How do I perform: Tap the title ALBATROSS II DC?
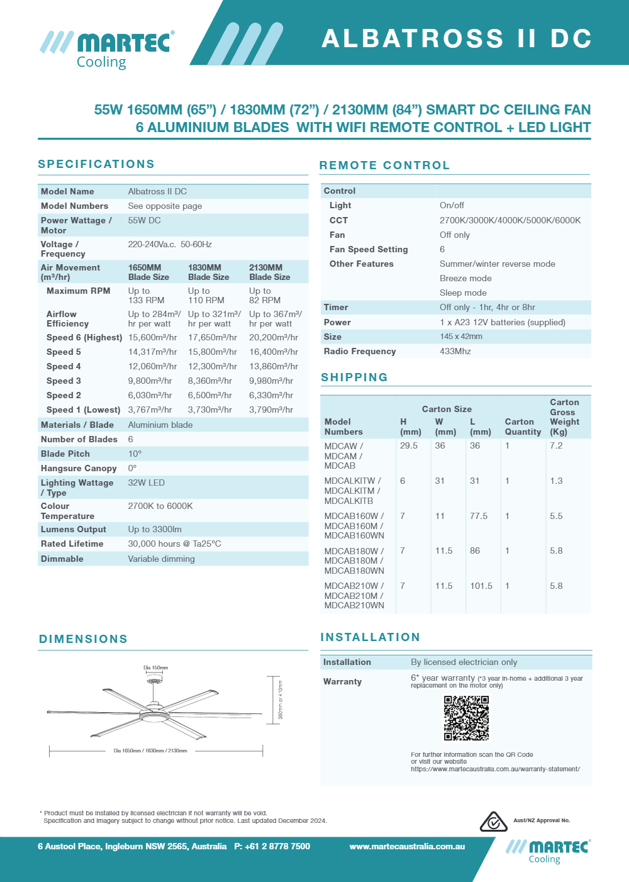(x=457, y=38)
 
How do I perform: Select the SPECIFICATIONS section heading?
(x=96, y=164)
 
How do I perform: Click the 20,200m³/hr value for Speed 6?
(x=274, y=337)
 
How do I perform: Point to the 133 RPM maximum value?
(x=146, y=300)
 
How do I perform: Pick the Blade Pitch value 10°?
(x=135, y=454)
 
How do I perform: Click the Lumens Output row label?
(x=74, y=529)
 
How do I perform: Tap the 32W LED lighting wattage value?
(x=147, y=483)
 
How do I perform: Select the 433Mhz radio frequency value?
(x=455, y=351)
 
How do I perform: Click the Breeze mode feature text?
(x=465, y=278)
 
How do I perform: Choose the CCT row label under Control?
(x=338, y=220)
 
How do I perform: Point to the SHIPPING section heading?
(x=354, y=377)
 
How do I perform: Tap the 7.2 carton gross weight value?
(x=556, y=445)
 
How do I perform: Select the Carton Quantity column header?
(x=523, y=427)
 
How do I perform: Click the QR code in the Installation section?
(x=466, y=718)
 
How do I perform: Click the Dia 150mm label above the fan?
(x=155, y=667)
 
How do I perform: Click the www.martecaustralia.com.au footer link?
(x=407, y=846)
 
